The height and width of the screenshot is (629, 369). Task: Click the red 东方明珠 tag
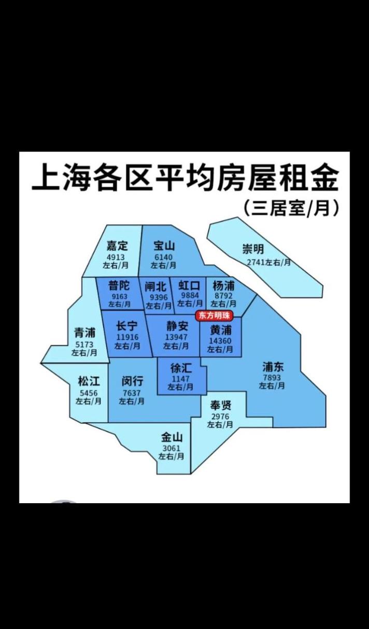[214, 315]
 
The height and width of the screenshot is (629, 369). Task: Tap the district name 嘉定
[117, 246]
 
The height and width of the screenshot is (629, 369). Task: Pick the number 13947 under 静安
[176, 337]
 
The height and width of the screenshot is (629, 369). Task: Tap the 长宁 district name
[127, 326]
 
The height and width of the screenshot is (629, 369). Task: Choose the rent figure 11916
[127, 337]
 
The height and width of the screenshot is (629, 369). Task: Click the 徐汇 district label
[181, 368]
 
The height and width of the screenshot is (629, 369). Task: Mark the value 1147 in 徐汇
[181, 378]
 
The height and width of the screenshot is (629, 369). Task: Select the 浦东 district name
[273, 367]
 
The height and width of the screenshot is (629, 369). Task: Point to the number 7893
[272, 377]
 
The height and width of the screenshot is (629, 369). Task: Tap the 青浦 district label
[84, 333]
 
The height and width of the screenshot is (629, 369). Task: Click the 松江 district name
[89, 382]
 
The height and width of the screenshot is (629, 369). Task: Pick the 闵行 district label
[133, 382]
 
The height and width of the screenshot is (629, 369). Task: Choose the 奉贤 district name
[220, 405]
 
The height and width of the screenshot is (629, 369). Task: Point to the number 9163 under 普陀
[120, 297]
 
